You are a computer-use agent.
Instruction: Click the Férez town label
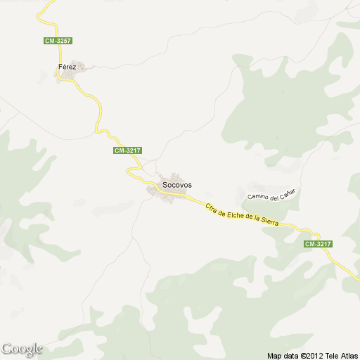(66, 67)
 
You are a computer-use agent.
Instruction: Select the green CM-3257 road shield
(58, 41)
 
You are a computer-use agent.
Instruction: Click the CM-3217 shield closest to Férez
(127, 150)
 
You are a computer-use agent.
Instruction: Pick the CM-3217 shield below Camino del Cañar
(317, 243)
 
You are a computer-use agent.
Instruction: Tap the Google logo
(22, 349)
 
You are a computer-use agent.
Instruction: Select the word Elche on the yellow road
(232, 214)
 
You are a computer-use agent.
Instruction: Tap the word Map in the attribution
(275, 355)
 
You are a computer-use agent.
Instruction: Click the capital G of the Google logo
(6, 349)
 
